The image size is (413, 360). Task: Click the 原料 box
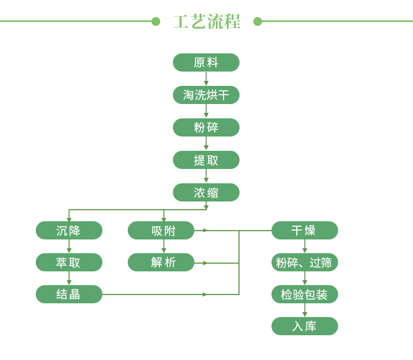[x=206, y=62]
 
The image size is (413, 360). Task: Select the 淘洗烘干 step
[x=206, y=95]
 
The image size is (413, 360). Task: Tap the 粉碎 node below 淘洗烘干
[x=206, y=128]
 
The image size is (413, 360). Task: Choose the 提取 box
[x=206, y=160]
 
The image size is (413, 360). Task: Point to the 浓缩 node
[x=206, y=192]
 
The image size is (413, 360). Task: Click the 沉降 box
[x=69, y=231]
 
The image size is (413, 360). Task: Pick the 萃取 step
[x=69, y=263]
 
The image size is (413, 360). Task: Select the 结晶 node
[x=69, y=294]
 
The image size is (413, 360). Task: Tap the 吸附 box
[x=161, y=231]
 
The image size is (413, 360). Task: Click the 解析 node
[x=161, y=263]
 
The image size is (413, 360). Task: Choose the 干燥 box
[x=305, y=231]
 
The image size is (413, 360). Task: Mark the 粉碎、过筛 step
[x=305, y=263]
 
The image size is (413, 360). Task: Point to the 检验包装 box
[x=305, y=294]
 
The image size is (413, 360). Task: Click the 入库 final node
[x=305, y=326]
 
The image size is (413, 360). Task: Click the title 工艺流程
[x=206, y=21]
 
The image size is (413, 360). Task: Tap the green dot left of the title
[x=156, y=21]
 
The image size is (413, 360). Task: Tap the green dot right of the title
[x=258, y=21]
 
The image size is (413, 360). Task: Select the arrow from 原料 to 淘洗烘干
[x=206, y=79]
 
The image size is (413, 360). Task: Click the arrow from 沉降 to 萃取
[x=69, y=246]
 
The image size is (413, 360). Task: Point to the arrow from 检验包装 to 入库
[x=305, y=310]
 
